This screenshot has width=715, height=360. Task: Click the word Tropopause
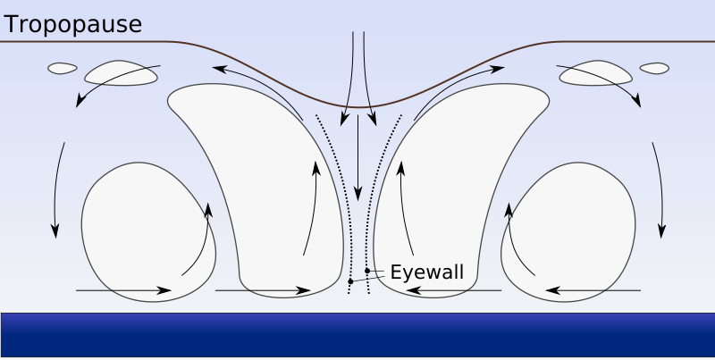tap(73, 25)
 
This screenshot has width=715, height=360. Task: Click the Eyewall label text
tap(427, 272)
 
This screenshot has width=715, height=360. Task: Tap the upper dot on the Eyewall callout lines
tap(367, 271)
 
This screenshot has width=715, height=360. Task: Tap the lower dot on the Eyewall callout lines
tap(350, 282)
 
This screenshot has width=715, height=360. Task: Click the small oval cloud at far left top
tap(62, 68)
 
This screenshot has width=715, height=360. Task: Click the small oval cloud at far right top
tap(654, 68)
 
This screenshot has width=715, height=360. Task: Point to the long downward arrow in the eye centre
tap(357, 156)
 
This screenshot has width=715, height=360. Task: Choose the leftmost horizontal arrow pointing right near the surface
tap(123, 290)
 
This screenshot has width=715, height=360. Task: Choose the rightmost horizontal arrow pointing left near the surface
tap(593, 290)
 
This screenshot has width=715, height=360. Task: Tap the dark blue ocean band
tap(357, 337)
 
